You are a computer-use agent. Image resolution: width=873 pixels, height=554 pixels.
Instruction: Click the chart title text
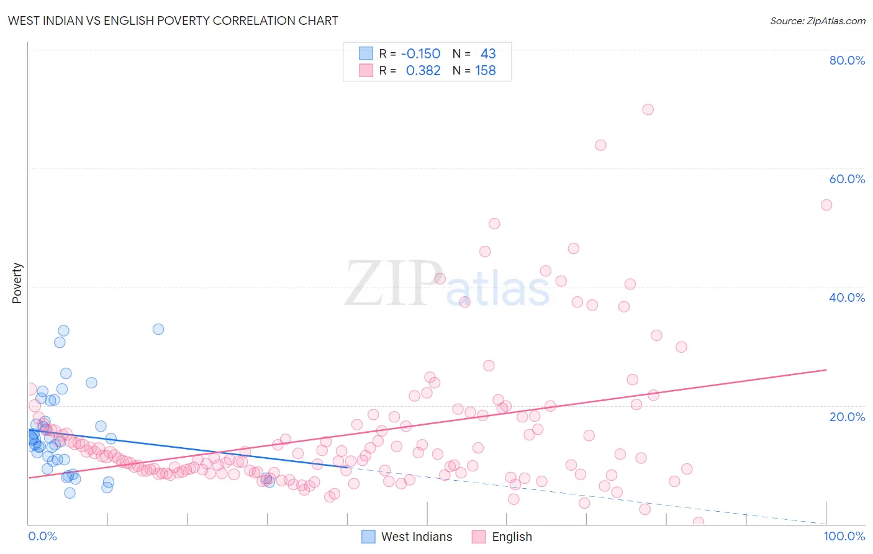pos(173,20)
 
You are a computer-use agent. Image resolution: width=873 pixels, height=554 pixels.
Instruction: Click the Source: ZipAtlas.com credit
pos(817,21)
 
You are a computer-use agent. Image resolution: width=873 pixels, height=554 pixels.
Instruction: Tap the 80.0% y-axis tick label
pos(847,60)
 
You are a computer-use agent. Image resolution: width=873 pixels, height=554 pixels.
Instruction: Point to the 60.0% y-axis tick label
pos(847,179)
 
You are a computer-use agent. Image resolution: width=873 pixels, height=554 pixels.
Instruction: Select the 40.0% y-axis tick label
pos(847,297)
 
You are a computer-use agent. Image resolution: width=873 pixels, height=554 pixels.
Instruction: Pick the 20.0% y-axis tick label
pos(847,417)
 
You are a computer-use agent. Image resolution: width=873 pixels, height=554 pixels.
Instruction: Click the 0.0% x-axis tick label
pos(42,536)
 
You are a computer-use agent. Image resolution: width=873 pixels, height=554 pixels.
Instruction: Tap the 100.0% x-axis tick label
pos(844,536)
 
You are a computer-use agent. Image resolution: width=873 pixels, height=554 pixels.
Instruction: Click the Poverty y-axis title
pos(17,283)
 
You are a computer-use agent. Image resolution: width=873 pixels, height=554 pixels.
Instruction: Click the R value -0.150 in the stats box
pos(420,54)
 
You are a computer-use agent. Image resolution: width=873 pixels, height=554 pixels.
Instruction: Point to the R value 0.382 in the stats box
pos(423,71)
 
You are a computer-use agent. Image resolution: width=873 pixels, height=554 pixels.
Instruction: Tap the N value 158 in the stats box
pos(486,71)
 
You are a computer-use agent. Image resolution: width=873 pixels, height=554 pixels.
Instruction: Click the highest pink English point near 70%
pos(648,109)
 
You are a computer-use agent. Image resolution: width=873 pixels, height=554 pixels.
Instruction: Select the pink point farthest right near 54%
pos(826,205)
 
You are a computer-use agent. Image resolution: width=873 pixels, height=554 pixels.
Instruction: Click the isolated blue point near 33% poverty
pos(158,329)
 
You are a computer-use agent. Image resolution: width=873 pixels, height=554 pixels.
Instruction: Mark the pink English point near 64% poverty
pos(600,145)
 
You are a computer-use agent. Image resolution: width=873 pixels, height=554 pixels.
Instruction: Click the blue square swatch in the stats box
pos(366,53)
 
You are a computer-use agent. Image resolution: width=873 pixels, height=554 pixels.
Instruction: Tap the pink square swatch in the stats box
pos(366,70)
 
